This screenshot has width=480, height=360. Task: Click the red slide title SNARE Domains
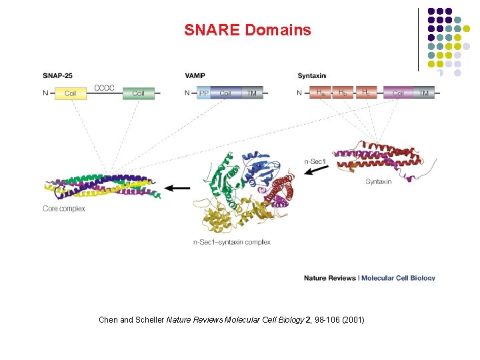247,30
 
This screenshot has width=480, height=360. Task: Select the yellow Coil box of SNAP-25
70,93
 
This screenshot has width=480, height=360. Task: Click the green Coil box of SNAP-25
138,93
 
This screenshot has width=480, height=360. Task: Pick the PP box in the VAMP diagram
203,93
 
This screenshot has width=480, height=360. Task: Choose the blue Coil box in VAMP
225,93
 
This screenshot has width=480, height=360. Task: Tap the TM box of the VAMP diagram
251,93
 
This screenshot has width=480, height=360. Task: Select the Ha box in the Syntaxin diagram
321,93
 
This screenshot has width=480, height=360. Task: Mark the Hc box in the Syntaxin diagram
365,93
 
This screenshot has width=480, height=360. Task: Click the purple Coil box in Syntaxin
398,93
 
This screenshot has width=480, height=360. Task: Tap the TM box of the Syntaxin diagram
424,93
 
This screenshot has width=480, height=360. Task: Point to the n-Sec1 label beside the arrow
315,161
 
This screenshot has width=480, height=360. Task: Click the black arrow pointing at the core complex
177,189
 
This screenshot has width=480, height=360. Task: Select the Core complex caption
64,209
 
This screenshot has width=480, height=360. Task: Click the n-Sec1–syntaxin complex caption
232,242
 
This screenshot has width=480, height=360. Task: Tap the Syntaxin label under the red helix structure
379,181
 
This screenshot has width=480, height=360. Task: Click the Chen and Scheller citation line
231,320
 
